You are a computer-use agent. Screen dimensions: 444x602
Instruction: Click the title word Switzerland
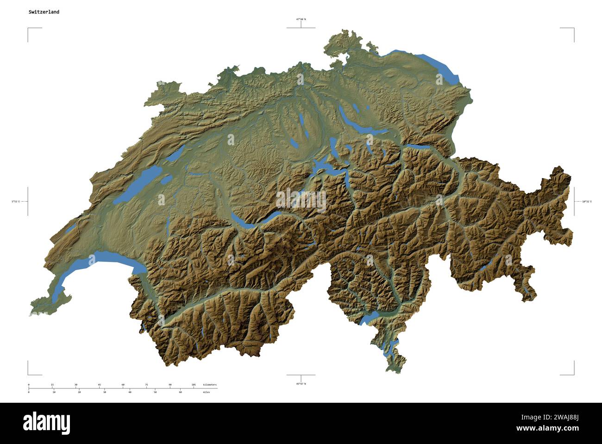click(x=44, y=12)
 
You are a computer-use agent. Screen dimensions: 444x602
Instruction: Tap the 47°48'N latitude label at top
click(x=301, y=19)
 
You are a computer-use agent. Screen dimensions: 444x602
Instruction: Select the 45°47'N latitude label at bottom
click(x=301, y=384)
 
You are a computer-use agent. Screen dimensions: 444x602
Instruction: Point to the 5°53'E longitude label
click(x=16, y=202)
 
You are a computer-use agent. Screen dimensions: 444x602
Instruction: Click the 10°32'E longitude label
click(x=586, y=202)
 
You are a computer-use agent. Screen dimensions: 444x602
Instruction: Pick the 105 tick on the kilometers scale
click(x=194, y=385)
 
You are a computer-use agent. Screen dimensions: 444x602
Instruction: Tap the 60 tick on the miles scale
click(x=180, y=392)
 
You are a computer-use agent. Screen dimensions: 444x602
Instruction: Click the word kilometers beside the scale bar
click(x=209, y=385)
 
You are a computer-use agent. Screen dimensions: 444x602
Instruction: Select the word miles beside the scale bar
click(x=206, y=392)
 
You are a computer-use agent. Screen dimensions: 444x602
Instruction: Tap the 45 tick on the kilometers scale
click(x=99, y=385)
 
